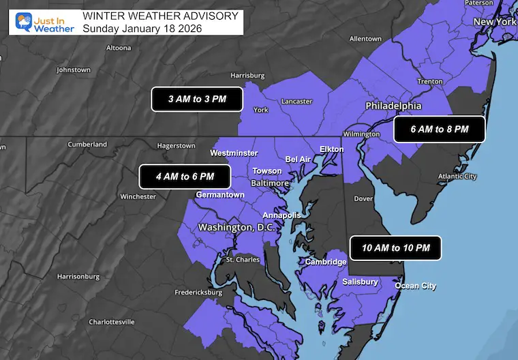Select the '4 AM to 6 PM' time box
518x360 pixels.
coord(185,177)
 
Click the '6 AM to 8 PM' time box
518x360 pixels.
coord(440,129)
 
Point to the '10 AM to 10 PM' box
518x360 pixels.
coord(395,248)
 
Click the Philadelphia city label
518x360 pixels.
coord(393,106)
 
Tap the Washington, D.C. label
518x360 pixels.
coord(237,227)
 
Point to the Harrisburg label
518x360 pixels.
coord(247,75)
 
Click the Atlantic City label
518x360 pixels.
coord(457,177)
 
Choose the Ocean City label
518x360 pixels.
coord(416,286)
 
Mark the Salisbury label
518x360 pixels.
coord(360,282)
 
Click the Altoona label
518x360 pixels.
coord(119,48)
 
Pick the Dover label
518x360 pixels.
coord(363,200)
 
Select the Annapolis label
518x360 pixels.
coord(281,215)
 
